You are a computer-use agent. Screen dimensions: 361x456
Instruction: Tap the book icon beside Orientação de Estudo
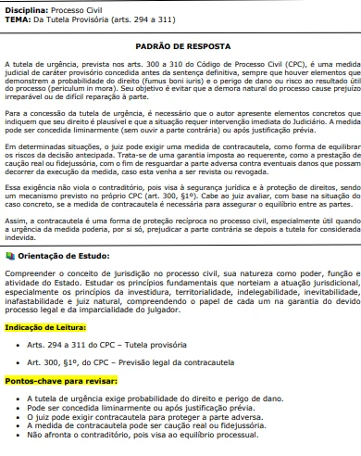[x=10, y=254]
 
